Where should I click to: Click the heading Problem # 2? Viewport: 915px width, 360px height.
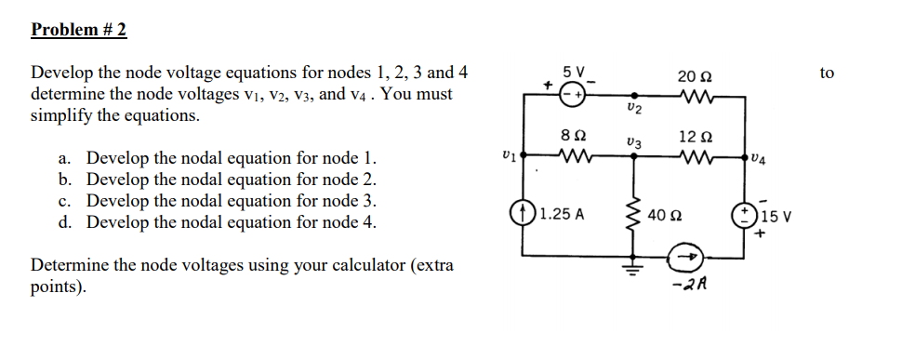pyautogui.click(x=79, y=30)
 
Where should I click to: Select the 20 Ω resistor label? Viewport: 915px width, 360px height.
pyautogui.click(x=694, y=75)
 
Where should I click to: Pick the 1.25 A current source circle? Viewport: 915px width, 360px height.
pyautogui.click(x=521, y=213)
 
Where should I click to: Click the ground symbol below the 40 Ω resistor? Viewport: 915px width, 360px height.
pyautogui.click(x=635, y=271)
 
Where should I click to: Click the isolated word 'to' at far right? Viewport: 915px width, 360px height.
pyautogui.click(x=828, y=73)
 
